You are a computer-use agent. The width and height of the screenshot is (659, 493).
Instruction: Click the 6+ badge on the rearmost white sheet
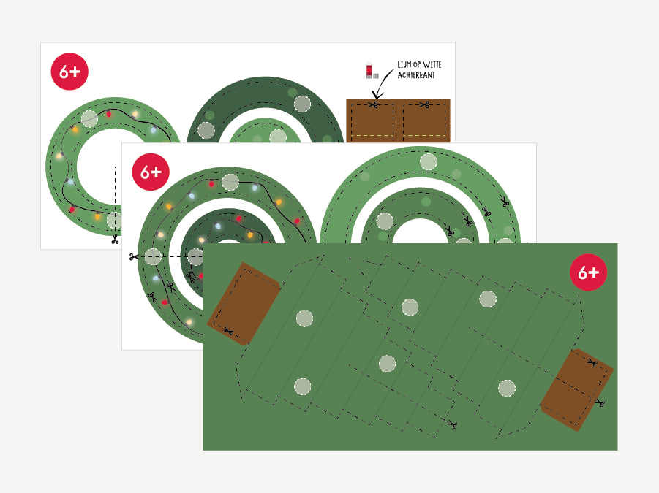69,72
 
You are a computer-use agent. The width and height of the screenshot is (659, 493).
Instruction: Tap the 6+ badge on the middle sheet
151,172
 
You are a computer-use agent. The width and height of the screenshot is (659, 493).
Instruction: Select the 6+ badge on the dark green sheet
588,272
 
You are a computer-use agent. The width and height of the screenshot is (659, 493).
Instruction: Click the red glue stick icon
369,71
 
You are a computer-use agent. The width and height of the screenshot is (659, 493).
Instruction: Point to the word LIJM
404,64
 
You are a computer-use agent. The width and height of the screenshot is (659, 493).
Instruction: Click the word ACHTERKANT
416,75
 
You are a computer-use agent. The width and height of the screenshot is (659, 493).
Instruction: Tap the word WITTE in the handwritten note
432,64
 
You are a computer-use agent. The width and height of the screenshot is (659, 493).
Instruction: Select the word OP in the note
417,64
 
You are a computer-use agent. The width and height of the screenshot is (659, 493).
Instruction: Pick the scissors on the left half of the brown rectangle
373,104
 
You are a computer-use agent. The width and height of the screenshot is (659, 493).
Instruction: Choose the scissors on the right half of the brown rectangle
424,104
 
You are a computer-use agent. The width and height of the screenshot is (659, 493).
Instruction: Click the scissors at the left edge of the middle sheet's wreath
134,256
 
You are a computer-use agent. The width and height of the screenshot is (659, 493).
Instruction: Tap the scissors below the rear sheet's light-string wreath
115,240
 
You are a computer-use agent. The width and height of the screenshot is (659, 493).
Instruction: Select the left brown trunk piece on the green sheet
244,303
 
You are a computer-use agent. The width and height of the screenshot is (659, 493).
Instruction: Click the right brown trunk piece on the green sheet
576,390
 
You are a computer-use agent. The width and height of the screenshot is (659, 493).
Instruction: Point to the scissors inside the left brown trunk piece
228,332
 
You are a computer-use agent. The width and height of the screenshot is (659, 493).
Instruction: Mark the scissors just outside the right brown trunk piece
600,403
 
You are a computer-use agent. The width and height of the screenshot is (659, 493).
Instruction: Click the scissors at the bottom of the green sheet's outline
452,424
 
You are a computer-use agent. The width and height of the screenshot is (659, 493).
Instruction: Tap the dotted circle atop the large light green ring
429,161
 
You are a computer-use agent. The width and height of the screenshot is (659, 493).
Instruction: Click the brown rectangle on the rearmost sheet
398,121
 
